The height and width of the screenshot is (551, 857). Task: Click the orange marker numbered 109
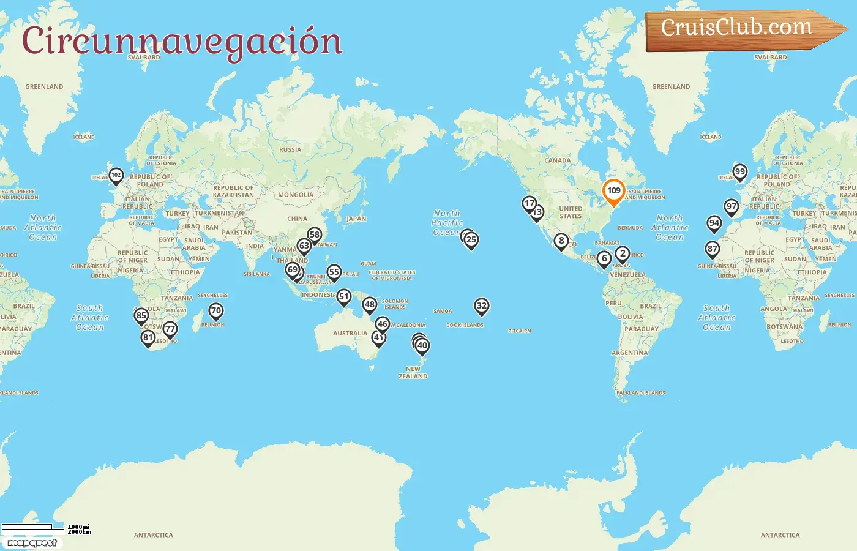pos(613,191)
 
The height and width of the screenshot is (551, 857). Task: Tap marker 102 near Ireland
pos(116,176)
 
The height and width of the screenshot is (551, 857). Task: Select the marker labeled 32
pos(482,306)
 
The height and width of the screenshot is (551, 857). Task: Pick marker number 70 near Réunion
pos(215,311)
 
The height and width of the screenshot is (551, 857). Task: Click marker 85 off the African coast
pos(141,316)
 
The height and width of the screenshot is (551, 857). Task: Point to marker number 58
pos(315,235)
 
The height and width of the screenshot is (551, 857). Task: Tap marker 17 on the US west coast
pos(530,204)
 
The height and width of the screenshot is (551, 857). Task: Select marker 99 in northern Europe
pos(740,172)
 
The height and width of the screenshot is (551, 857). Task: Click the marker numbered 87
pos(713,249)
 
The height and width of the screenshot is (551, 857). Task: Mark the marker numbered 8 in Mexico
pos(561,241)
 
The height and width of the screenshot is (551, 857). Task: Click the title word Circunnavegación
pos(182,42)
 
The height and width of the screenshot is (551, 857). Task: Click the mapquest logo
pos(32,543)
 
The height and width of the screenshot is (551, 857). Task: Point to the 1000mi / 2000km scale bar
pos(33,528)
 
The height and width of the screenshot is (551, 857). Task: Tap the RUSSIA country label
pos(290,149)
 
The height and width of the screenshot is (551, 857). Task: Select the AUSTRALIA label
pos(350,334)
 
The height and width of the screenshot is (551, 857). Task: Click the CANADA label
pos(558,160)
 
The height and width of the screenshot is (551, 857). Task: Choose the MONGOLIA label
pos(296,195)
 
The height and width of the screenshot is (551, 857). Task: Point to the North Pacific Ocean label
pos(447,223)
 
